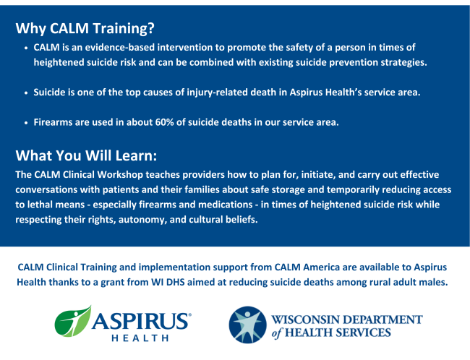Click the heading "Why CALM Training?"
85,28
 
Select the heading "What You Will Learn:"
86,155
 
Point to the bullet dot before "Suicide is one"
26,93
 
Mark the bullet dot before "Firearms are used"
26,123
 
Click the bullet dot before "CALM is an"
26,48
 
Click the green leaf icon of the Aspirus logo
73,321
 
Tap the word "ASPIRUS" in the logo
141,321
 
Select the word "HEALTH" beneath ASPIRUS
140,338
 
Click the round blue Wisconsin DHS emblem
247,325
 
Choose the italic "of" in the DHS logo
276,333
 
